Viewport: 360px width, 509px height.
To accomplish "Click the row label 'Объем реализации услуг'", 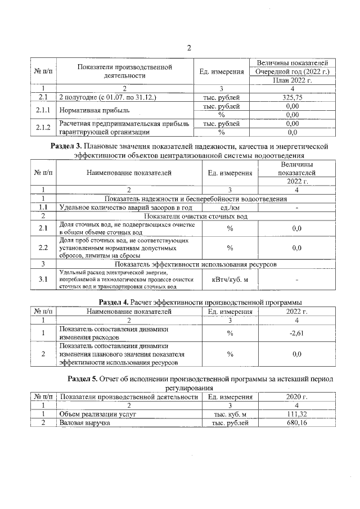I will [x=95, y=415].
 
